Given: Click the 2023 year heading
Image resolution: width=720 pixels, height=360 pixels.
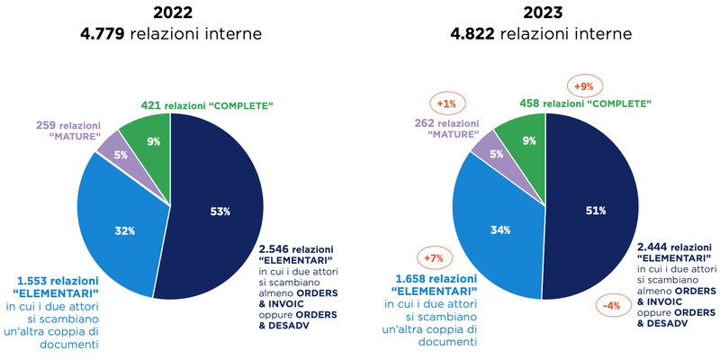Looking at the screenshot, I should [x=543, y=13].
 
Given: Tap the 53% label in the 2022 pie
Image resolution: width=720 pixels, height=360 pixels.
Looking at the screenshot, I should [x=220, y=211].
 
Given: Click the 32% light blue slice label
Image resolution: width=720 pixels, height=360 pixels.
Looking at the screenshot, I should [x=125, y=231].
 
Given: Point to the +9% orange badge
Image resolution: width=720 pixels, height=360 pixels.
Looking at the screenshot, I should [x=584, y=87].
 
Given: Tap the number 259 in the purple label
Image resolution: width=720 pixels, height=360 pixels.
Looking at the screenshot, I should [x=48, y=125].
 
